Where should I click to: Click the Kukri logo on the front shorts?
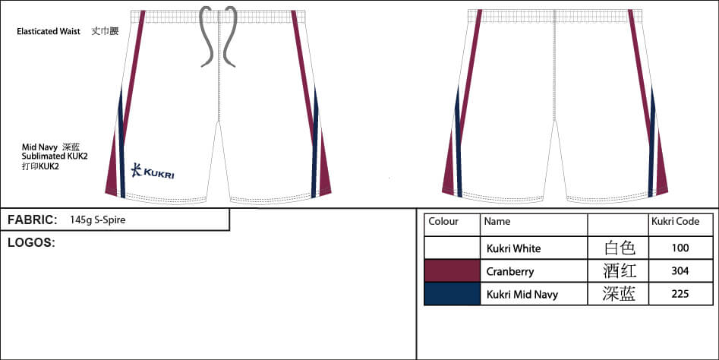[153, 171]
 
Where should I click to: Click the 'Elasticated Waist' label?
[49, 32]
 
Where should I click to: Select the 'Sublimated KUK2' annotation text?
[55, 156]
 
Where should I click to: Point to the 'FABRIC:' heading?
[33, 219]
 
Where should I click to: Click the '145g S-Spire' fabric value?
[98, 220]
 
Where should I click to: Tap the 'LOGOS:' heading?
[32, 243]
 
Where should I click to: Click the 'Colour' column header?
[443, 222]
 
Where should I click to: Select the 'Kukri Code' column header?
[676, 222]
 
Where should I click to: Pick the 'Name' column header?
[497, 222]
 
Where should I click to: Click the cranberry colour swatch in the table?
[452, 270]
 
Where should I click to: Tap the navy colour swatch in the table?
[452, 293]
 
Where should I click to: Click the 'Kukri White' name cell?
[513, 248]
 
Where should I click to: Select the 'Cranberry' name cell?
[510, 271]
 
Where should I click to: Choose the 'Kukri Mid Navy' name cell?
[522, 295]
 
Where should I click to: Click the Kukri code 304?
[680, 271]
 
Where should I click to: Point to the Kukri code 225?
[680, 293]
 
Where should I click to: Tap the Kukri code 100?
[680, 248]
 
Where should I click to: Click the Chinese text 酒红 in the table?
[620, 271]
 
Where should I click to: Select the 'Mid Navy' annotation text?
[39, 147]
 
